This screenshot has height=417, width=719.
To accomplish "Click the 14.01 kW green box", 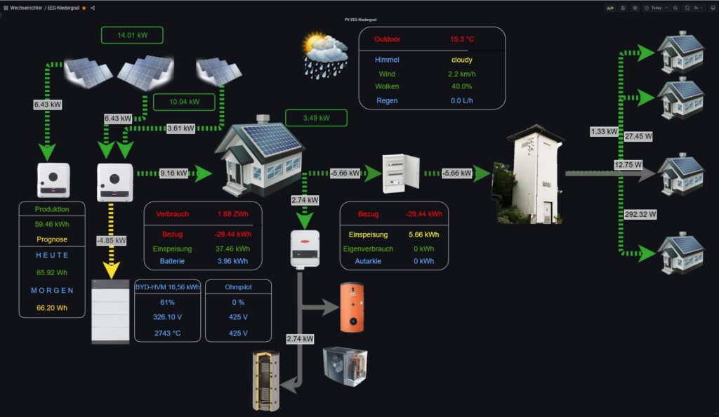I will [x=132, y=35].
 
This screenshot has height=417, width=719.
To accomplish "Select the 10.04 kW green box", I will [x=184, y=102].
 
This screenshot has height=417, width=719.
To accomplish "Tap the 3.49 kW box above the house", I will [x=316, y=118].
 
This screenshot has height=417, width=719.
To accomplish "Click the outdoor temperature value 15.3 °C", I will [x=463, y=39].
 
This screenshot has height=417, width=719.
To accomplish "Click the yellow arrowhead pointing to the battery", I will [x=111, y=270].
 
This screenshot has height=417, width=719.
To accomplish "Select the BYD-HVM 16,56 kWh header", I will [x=166, y=287].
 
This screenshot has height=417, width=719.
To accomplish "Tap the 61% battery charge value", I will [x=167, y=302].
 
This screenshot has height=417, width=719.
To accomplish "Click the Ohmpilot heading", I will [x=238, y=287].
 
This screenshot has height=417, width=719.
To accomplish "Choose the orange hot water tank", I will [x=352, y=307].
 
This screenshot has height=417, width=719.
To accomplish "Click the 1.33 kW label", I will [x=604, y=131].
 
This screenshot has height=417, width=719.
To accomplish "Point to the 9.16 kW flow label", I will [x=173, y=173].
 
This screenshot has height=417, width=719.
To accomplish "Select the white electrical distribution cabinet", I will [x=401, y=173].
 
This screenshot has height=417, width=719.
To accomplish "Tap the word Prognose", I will [x=51, y=239].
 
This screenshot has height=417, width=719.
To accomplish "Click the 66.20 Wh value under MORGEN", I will [x=51, y=307].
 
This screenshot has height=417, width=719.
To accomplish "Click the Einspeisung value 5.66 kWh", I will [x=423, y=234].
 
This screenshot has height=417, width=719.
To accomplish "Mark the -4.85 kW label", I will [x=111, y=241].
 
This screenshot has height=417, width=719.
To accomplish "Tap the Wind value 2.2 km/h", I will [x=461, y=74].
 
